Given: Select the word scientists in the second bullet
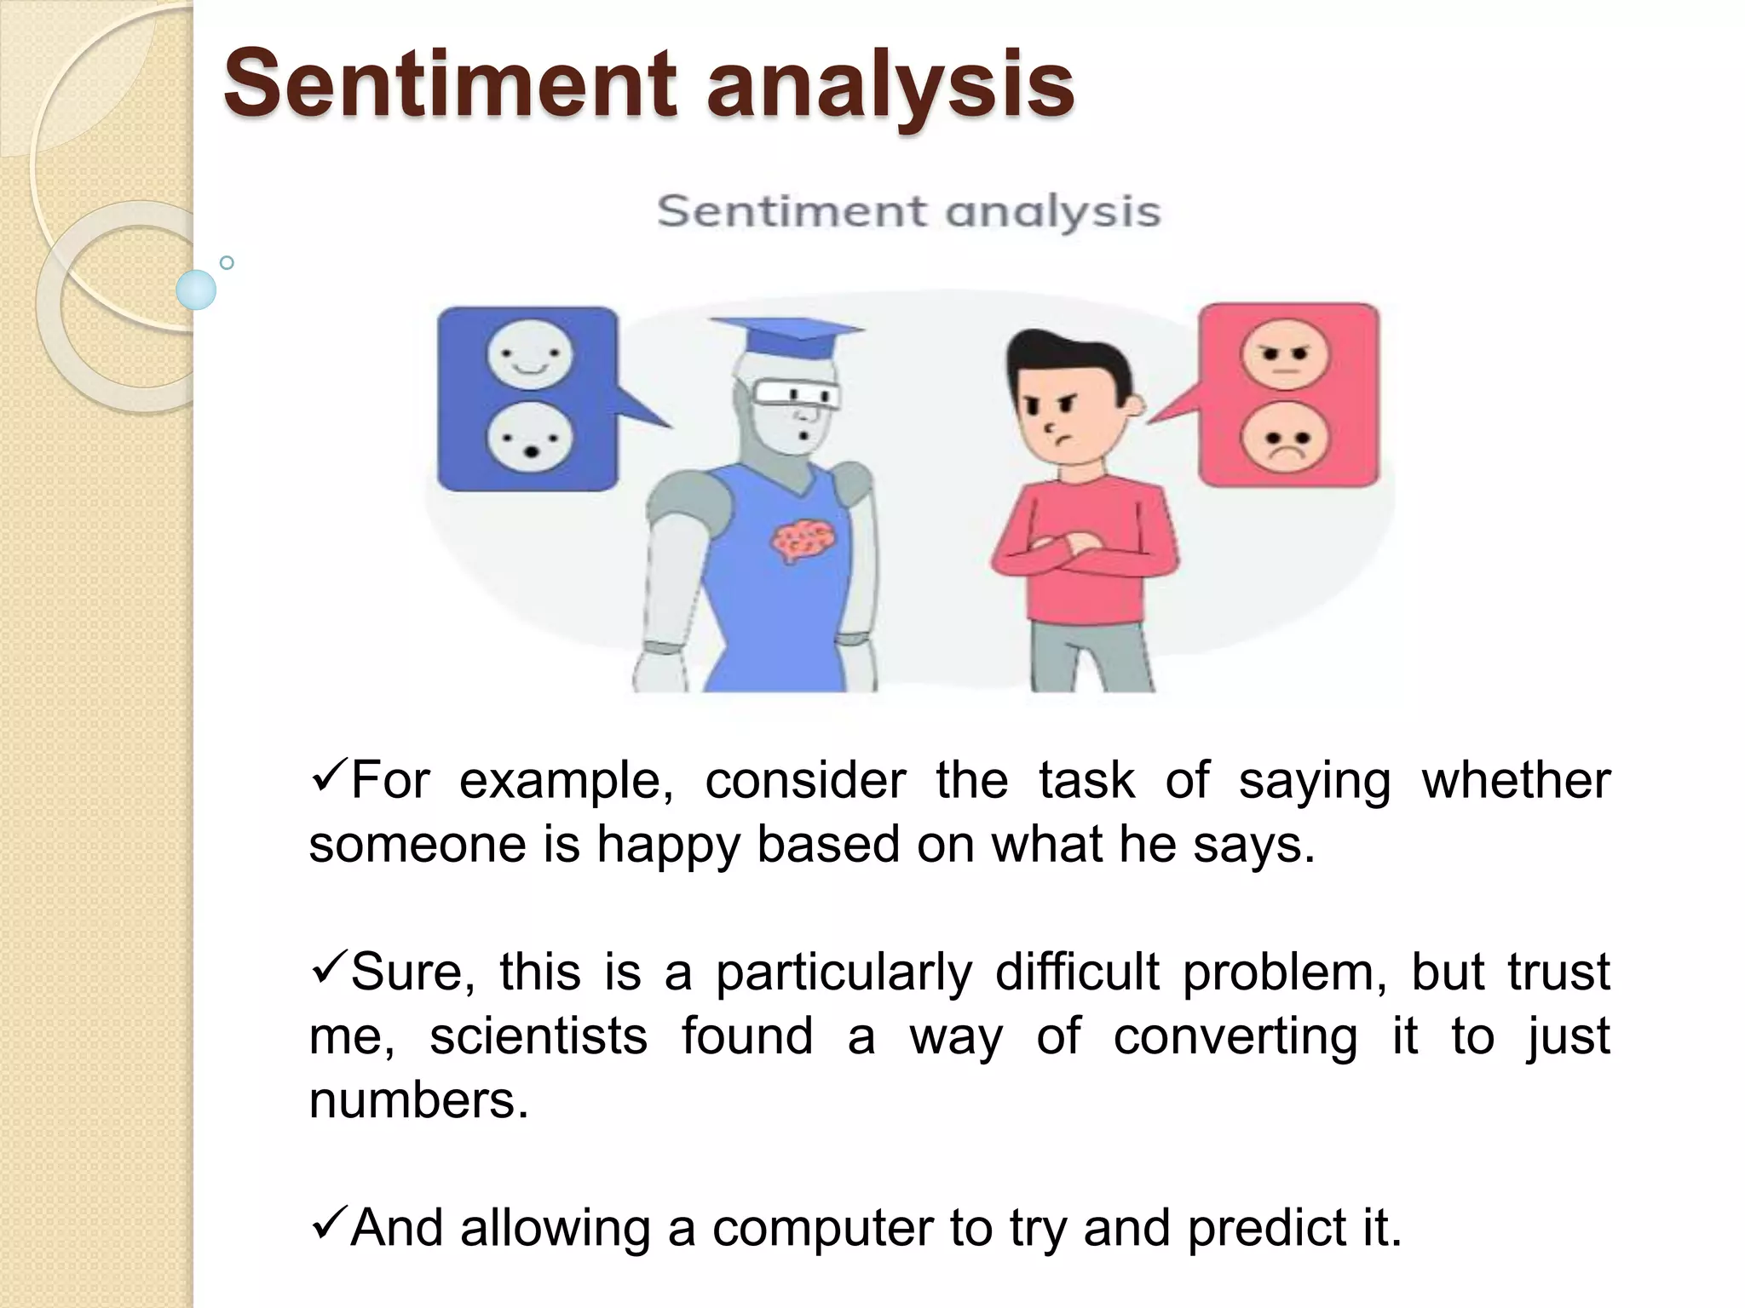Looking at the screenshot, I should pyautogui.click(x=538, y=1036).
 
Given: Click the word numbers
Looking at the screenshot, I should pyautogui.click(x=418, y=1100).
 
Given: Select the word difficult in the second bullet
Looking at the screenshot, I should pyautogui.click(x=1077, y=972).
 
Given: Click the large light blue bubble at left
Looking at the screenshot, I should pyautogui.click(x=196, y=290).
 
